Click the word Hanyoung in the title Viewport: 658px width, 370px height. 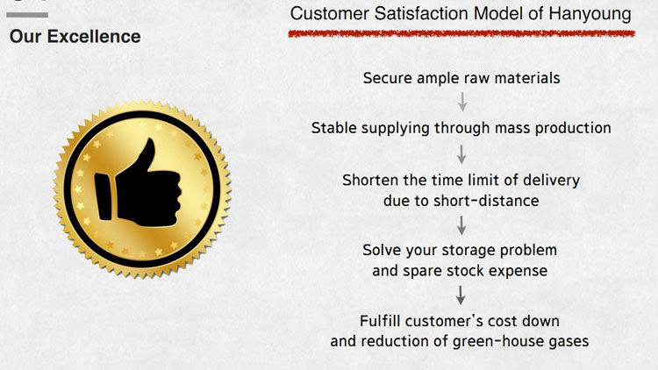[x=590, y=14]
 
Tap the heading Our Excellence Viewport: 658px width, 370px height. [x=75, y=37]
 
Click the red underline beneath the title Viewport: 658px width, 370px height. [x=461, y=33]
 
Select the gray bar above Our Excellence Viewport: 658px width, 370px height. [x=27, y=15]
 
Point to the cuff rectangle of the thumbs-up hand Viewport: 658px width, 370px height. [x=104, y=196]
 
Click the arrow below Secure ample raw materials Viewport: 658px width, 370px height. [x=462, y=102]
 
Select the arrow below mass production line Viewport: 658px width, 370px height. [x=461, y=154]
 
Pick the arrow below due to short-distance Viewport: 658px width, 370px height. [x=461, y=225]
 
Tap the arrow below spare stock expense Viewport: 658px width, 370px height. [x=461, y=295]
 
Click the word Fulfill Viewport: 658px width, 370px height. [x=380, y=321]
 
